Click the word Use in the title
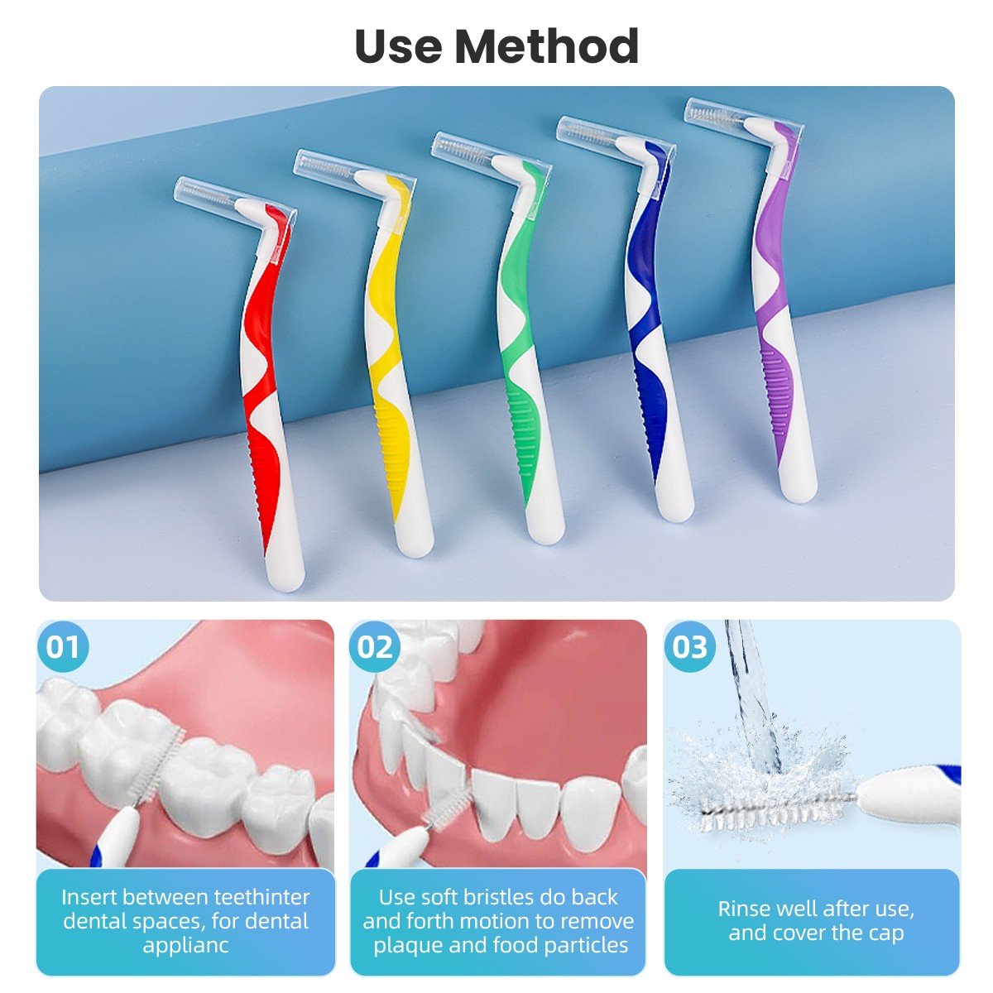point(398,46)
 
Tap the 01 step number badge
point(63,647)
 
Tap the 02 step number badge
point(375,647)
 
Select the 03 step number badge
point(689,647)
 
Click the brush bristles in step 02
point(444,815)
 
